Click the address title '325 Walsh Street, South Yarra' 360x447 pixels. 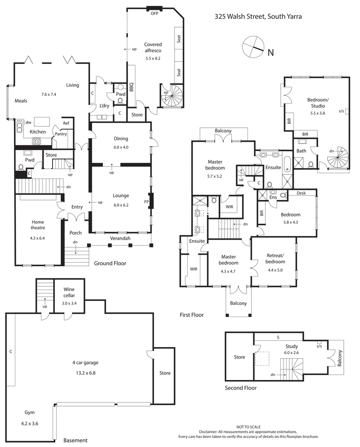pyautogui.click(x=258, y=17)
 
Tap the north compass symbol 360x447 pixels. pyautogui.click(x=252, y=47)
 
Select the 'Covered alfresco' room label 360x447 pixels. pyautogui.click(x=153, y=45)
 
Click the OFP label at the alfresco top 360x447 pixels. pyautogui.click(x=154, y=13)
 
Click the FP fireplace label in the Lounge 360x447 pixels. pyautogui.click(x=146, y=202)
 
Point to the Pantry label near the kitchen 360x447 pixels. pyautogui.click(x=61, y=134)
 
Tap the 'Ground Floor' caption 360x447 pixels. pyautogui.click(x=110, y=264)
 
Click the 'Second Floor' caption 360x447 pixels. pyautogui.click(x=241, y=388)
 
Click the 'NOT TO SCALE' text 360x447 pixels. pyautogui.click(x=248, y=426)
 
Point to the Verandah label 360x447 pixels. pyautogui.click(x=120, y=238)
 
